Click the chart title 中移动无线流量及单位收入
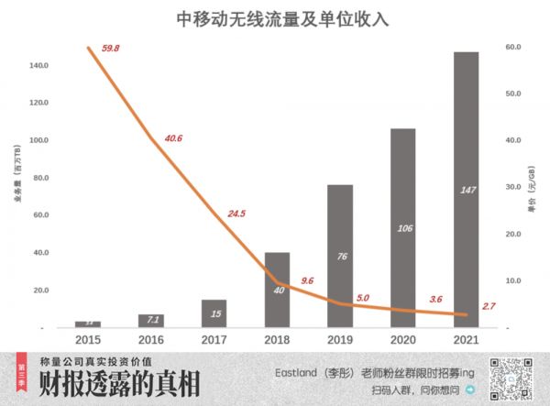(274, 17)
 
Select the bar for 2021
(466, 189)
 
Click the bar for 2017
(214, 313)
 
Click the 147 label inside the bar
(466, 191)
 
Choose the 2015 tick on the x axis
(88, 339)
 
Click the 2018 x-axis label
(277, 339)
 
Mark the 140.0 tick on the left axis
(39, 65)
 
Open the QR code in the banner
(510, 378)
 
